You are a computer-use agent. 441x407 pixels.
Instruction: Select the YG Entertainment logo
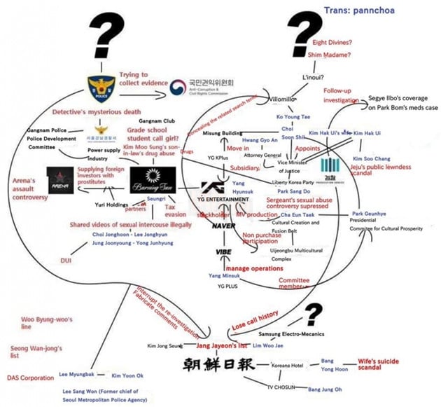click(223, 191)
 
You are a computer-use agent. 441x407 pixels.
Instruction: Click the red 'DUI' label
click(68, 260)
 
